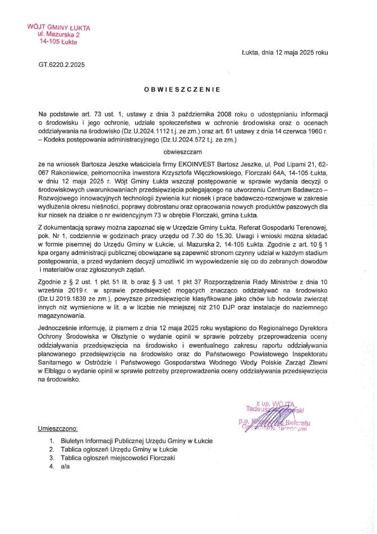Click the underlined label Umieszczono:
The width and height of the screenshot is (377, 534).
click(x=58, y=428)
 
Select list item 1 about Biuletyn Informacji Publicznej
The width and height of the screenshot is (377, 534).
click(x=135, y=441)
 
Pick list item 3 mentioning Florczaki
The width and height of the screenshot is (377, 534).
click(x=116, y=458)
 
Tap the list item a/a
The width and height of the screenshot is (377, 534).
click(x=65, y=467)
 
